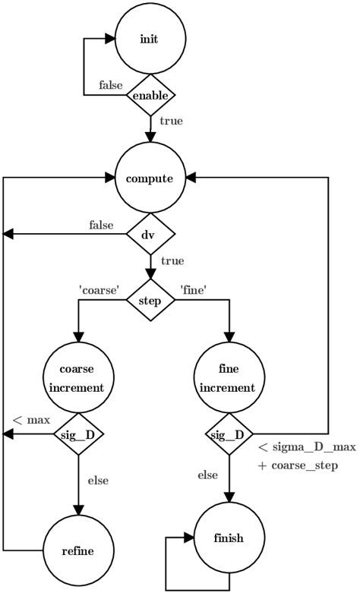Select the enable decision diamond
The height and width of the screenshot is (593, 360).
coord(150,96)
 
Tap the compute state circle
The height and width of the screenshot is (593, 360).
coord(150,179)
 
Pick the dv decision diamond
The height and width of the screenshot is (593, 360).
coord(150,235)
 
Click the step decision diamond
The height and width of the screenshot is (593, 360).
coord(150,300)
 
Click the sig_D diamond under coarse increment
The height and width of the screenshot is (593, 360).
coord(77,434)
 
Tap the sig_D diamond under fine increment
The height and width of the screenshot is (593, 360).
coord(226,434)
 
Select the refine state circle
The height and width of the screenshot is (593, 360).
coord(77,550)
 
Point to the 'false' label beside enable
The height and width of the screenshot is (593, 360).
coord(112,85)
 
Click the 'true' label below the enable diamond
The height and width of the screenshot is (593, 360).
coord(170,120)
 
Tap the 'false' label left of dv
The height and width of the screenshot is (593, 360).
coord(101,225)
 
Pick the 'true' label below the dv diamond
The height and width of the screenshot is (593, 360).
coord(172,260)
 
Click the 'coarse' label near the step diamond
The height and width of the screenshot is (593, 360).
coord(98,289)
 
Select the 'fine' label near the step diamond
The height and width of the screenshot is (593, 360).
coord(194,289)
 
